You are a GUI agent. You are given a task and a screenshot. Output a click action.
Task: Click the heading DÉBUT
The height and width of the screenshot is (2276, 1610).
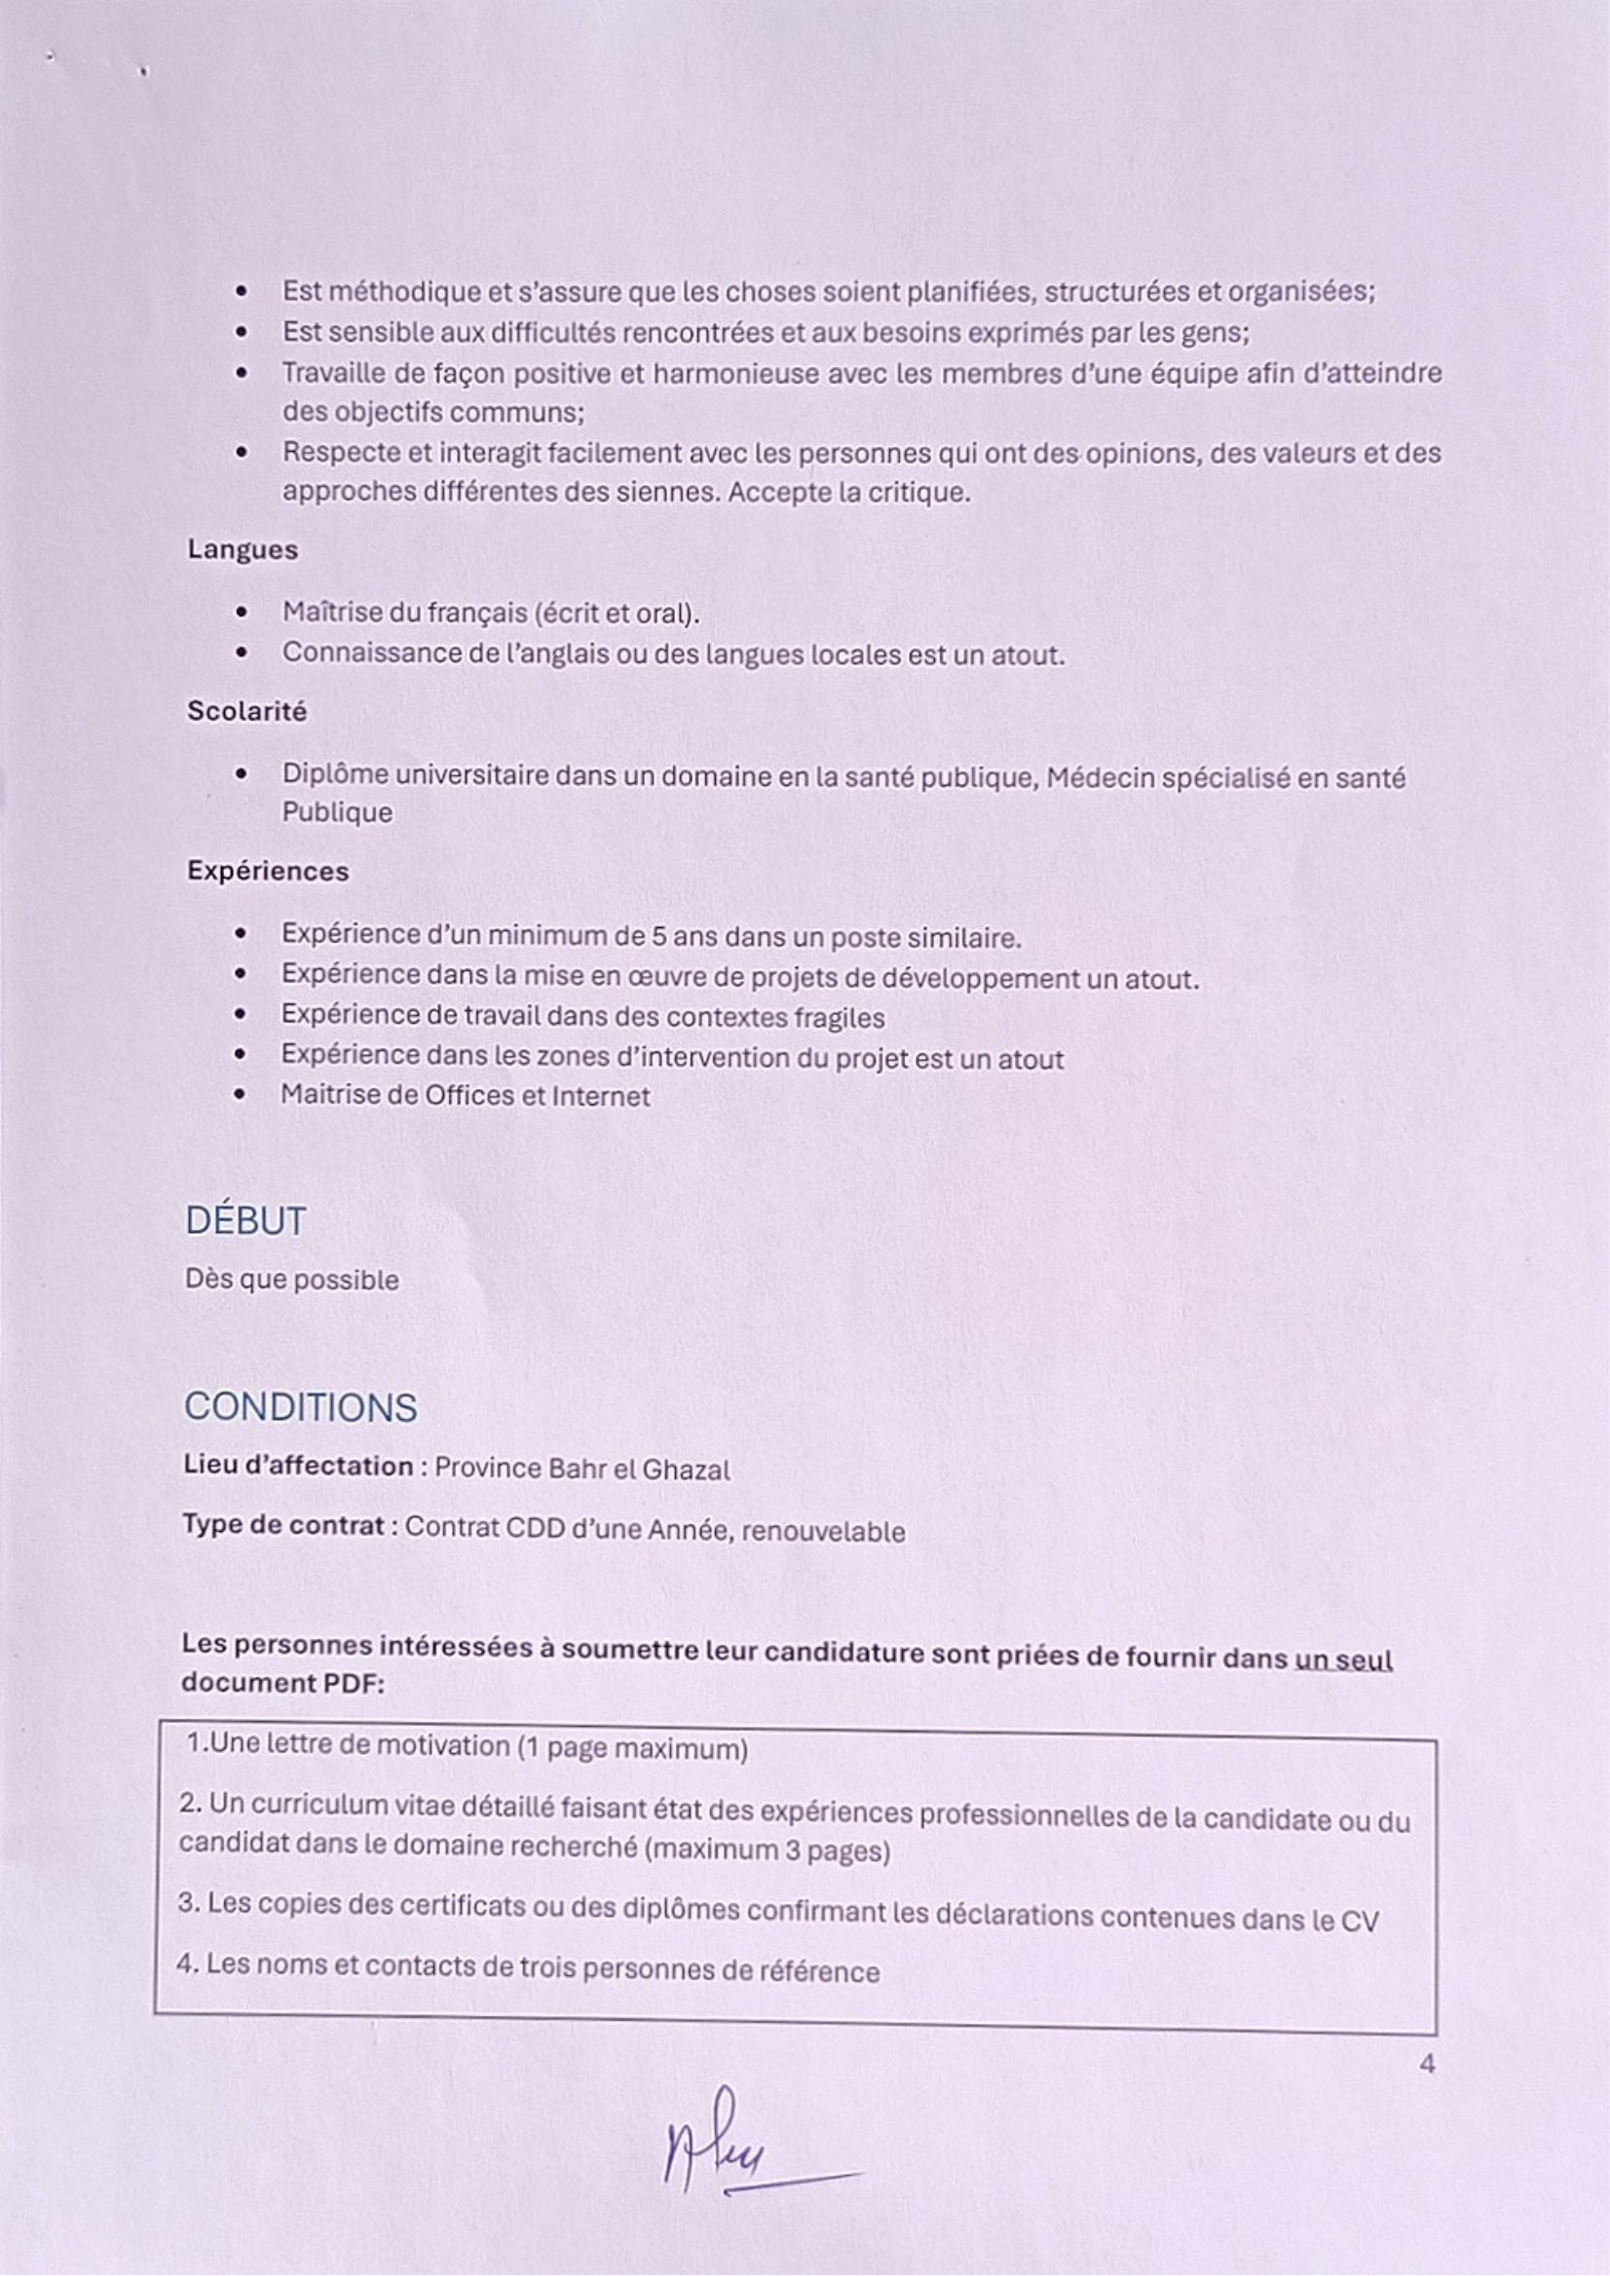click(244, 1221)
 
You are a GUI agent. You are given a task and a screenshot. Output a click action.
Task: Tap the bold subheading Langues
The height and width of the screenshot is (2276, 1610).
click(243, 550)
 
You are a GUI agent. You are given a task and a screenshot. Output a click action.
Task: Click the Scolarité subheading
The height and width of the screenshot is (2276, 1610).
click(246, 712)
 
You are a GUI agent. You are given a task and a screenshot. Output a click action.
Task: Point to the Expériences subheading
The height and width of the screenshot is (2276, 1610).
click(268, 872)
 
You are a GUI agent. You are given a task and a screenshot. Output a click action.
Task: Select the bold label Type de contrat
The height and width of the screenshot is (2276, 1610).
click(282, 1525)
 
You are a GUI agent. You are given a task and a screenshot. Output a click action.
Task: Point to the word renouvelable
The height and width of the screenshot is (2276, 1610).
click(823, 1532)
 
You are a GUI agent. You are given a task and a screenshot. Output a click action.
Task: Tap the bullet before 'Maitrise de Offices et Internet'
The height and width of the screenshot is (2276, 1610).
click(241, 1097)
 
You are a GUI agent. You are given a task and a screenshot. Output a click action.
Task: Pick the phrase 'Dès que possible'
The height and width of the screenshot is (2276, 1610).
click(291, 1280)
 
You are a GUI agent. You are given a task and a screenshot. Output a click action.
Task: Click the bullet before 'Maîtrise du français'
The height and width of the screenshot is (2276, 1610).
click(241, 614)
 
